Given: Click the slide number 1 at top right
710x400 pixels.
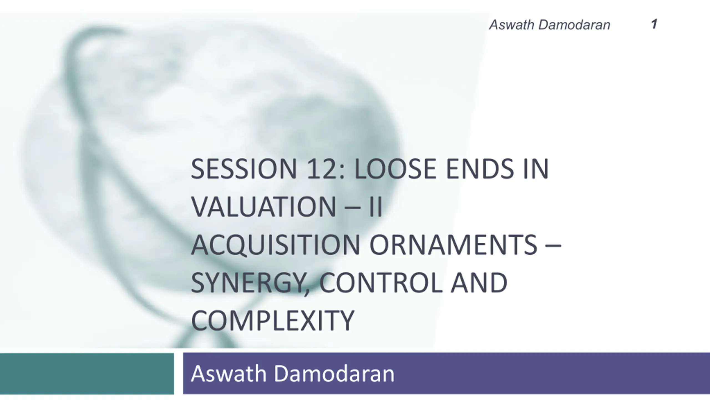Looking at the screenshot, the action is (654, 24).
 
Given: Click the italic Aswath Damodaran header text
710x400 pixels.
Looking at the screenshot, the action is (550, 25).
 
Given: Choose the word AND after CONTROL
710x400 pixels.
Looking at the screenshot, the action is (479, 283).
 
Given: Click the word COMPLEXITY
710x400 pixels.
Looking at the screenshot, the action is (273, 321).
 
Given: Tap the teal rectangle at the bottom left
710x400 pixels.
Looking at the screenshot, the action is (87, 373).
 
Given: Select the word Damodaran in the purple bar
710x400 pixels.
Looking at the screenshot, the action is (334, 374).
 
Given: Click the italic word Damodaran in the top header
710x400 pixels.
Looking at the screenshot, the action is (574, 25).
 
